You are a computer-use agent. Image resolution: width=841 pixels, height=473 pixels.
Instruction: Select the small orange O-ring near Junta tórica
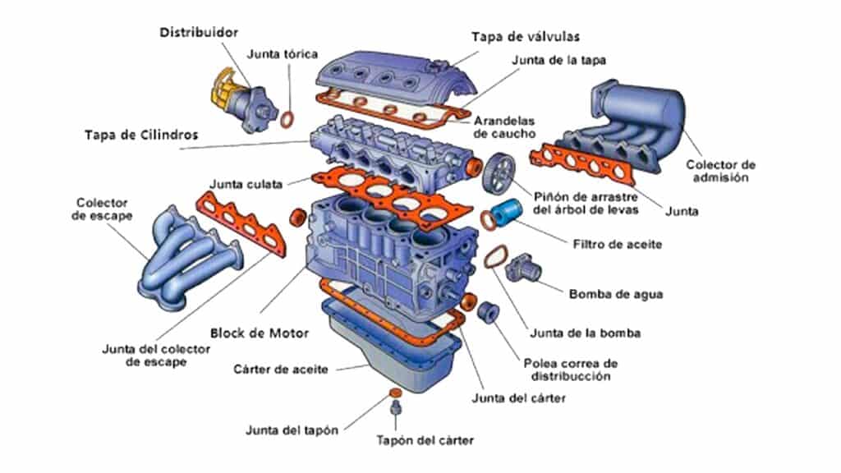[287, 120]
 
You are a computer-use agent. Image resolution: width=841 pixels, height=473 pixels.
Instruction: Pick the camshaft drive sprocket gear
[498, 172]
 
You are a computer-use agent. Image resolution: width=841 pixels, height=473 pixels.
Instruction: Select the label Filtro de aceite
[616, 244]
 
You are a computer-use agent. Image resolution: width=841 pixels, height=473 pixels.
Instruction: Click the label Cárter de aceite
[281, 370]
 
